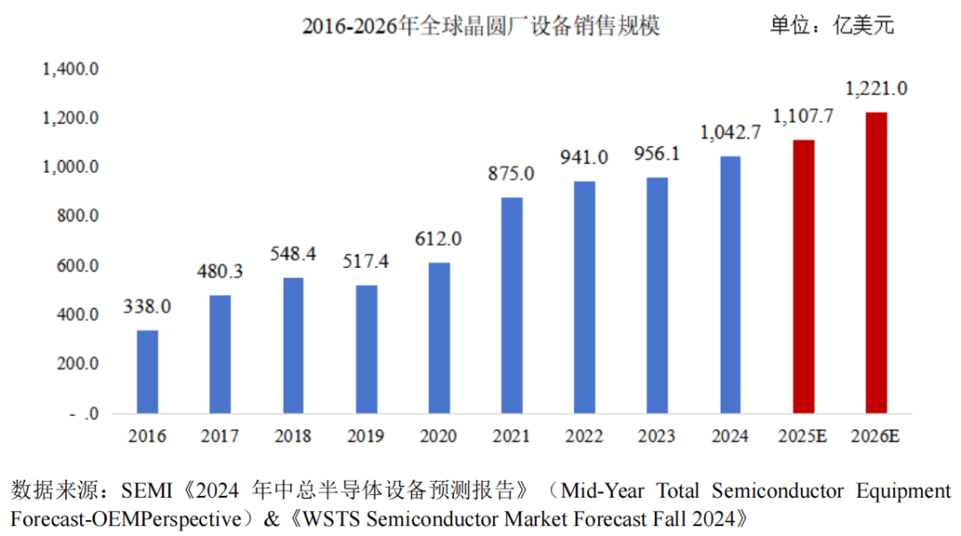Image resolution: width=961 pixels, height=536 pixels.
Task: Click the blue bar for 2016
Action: (x=148, y=371)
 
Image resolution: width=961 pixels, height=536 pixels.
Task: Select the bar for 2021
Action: (x=512, y=305)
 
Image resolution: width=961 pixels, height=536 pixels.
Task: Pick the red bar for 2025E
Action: (x=803, y=276)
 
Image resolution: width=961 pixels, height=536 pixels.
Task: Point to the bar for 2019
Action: (x=366, y=349)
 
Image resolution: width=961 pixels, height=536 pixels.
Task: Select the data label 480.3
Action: (x=220, y=272)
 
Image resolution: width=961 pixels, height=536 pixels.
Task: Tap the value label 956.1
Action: (x=657, y=153)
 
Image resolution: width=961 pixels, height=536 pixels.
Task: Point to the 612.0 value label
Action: (x=439, y=239)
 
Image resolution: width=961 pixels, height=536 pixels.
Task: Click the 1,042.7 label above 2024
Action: (x=731, y=133)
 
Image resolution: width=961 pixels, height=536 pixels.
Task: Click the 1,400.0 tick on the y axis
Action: (x=70, y=69)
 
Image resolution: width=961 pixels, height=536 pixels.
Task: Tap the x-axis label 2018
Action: (x=293, y=436)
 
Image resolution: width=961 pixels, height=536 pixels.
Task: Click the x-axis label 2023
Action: (x=657, y=436)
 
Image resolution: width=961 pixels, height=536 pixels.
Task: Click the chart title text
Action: (x=480, y=27)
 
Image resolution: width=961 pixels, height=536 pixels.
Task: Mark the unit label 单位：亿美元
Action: (x=832, y=26)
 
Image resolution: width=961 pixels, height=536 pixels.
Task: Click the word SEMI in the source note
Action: (x=145, y=491)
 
